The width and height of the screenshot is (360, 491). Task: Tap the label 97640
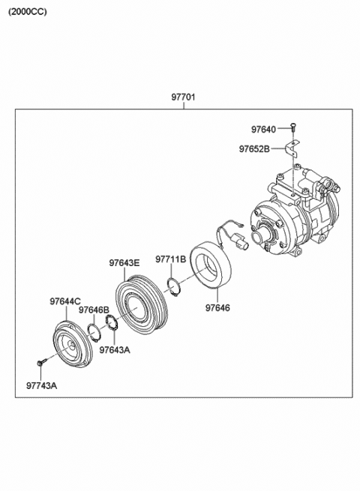pos(264,128)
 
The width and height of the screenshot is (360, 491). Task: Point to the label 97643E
pos(124,262)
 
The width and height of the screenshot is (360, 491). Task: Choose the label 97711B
pos(170,259)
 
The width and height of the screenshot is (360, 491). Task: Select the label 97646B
pos(94,309)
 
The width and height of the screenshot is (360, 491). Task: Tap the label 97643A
pos(114,349)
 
